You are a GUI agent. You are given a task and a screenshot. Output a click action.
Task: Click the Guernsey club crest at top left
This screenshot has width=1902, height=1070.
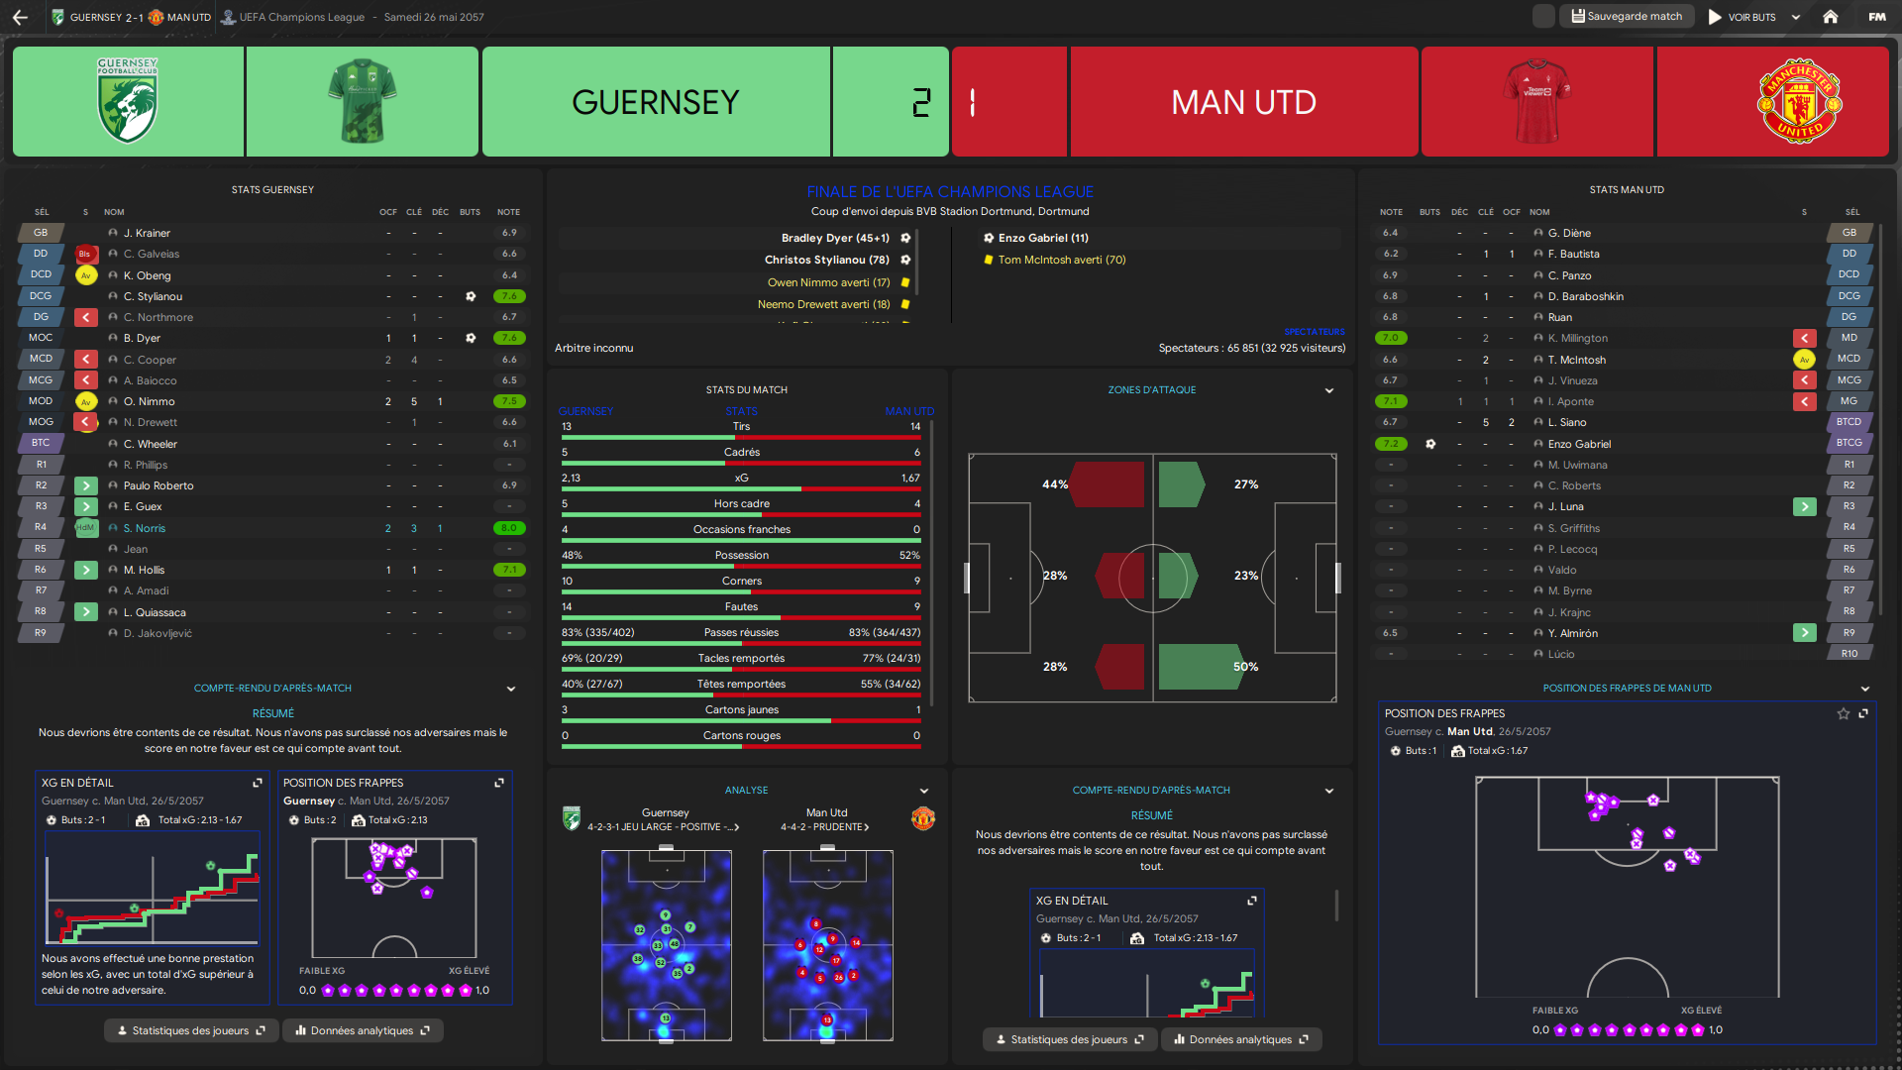128,101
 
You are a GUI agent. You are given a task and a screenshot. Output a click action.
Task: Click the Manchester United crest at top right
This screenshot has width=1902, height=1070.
1799,101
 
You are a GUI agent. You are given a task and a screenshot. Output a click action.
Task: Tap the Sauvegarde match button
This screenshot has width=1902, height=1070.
1627,17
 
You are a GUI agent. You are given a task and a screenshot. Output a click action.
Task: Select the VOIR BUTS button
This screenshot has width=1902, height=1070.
1743,17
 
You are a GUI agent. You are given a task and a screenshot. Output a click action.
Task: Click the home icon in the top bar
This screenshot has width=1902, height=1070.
1831,17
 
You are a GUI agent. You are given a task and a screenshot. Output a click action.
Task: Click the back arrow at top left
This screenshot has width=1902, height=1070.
20,17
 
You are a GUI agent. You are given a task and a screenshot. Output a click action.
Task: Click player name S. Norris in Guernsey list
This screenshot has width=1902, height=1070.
145,528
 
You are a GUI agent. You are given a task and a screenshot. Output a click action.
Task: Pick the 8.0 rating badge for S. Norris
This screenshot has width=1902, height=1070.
509,528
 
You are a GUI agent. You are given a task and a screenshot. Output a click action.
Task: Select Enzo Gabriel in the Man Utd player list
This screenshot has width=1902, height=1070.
1579,444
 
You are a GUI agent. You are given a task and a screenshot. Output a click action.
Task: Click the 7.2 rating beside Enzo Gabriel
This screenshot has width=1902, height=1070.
1391,444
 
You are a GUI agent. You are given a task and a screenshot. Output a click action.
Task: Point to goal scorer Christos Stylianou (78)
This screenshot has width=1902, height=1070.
826,260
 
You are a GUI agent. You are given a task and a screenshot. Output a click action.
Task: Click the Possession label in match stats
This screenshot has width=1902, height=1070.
741,555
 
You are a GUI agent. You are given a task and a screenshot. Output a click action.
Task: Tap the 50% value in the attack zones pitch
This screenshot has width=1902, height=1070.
1245,667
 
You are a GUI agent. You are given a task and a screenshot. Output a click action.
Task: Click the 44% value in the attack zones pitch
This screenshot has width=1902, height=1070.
1054,484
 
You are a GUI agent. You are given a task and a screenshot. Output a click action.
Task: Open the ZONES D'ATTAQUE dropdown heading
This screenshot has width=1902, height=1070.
1152,390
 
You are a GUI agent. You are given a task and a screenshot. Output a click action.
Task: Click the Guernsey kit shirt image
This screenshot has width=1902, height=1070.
362,101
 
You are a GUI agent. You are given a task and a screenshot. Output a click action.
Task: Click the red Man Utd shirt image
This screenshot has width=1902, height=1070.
1536,101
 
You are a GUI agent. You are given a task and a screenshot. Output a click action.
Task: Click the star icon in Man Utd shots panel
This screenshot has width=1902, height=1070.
1843,713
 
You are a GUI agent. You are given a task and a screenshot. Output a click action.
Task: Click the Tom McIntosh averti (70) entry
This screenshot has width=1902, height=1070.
1061,260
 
